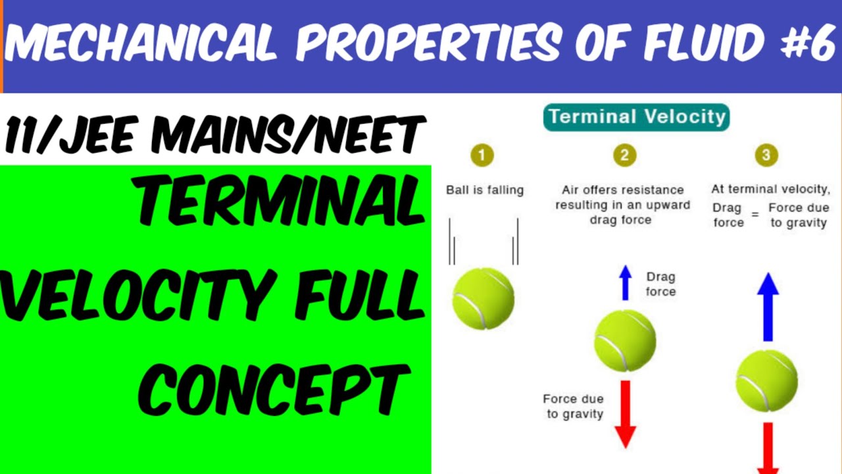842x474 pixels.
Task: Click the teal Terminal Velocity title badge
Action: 636,117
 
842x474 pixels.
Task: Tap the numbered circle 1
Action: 482,155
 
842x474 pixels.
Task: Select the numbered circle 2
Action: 624,155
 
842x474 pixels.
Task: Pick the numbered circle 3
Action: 766,155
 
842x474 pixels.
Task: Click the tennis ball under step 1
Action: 483,298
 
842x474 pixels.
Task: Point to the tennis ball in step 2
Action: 625,340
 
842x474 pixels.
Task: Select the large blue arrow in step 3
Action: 767,306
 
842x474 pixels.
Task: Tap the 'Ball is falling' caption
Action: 485,190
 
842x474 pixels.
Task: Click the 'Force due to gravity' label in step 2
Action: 573,406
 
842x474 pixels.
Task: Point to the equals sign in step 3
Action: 755,215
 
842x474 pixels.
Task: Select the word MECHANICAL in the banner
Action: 140,45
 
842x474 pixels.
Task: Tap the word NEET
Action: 376,136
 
